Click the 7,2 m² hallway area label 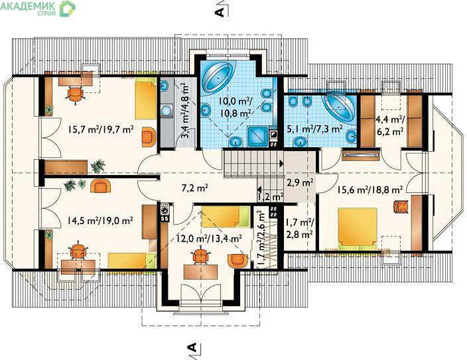pos(194,188)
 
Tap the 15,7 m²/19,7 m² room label pos(100,129)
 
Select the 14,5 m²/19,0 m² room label pos(100,221)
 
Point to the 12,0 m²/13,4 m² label pos(208,238)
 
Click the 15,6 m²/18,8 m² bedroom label pos(371,190)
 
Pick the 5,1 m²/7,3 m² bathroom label pos(314,129)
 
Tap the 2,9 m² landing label pos(300,182)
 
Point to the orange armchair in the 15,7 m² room pos(149,137)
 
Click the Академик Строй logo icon pos(67,9)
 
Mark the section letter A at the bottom pos(192,347)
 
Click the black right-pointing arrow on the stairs pos(281,164)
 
